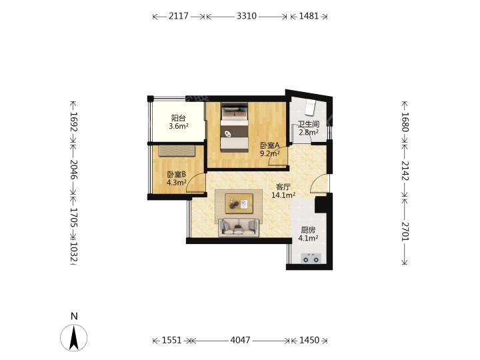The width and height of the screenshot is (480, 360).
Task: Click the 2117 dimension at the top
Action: (179, 16)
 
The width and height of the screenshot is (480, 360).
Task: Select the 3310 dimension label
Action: (247, 16)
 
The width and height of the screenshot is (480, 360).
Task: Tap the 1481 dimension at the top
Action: (309, 16)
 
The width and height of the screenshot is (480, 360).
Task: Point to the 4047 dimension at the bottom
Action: (240, 340)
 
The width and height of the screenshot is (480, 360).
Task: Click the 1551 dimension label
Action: (172, 340)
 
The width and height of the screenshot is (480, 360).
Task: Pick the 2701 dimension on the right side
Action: (405, 231)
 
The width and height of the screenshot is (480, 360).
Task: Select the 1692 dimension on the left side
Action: (74, 121)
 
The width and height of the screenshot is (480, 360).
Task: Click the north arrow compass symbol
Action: (74, 337)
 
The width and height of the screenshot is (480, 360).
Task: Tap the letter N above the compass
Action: (74, 316)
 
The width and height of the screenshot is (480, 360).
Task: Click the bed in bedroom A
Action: (235, 127)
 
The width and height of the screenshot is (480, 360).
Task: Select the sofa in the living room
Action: (239, 228)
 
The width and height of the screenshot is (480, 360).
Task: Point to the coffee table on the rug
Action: (239, 203)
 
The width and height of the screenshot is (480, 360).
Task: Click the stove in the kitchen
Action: (311, 259)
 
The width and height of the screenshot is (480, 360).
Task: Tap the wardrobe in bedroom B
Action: (177, 151)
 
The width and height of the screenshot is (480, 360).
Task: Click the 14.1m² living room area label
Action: (283, 195)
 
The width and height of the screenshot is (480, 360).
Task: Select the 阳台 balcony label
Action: (179, 118)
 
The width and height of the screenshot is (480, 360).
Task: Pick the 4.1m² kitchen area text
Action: (308, 238)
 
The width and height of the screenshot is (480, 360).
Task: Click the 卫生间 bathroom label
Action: (309, 124)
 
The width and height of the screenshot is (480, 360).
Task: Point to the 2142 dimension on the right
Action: (405, 170)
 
